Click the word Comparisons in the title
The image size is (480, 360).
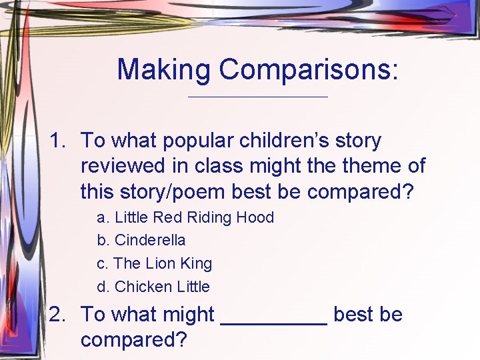tap(309, 69)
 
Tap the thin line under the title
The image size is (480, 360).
tap(258, 97)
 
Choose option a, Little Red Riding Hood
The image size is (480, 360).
tap(185, 217)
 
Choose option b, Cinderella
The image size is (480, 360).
tap(141, 240)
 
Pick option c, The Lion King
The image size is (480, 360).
tap(155, 263)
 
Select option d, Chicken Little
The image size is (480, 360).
tap(153, 287)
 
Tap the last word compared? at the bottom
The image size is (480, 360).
tap(133, 339)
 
